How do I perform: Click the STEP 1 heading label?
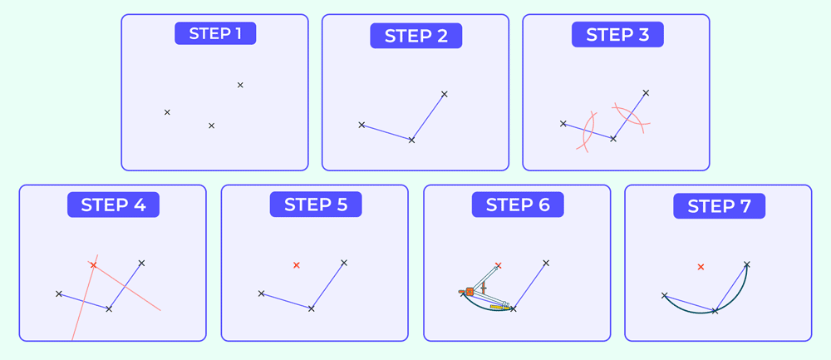point(214,33)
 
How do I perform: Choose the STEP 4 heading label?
point(113,205)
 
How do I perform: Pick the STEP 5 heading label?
point(315,205)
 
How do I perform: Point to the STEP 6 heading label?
point(518,205)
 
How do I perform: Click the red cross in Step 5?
point(297,265)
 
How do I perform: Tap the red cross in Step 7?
point(701,267)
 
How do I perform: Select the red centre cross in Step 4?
point(93,265)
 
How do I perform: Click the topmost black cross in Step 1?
point(240,85)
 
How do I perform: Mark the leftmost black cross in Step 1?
point(167,112)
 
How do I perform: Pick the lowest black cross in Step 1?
point(211,126)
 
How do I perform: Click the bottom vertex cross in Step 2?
point(411,140)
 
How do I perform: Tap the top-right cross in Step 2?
point(445,94)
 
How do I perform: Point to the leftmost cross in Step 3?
point(563,124)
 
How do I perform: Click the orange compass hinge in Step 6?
point(470,292)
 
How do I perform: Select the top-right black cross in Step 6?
point(546,264)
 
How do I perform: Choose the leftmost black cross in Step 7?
point(665,295)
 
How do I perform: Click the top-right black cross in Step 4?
point(141,263)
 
